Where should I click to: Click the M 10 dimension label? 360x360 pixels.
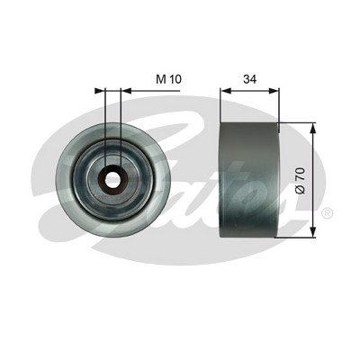169,79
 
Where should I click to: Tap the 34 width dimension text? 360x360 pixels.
249,79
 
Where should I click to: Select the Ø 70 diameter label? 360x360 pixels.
300,181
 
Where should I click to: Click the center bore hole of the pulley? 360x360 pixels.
112,180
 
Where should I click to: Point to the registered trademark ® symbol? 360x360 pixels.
327,212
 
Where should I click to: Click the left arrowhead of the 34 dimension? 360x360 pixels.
225,91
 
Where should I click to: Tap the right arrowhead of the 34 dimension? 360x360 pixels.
274,91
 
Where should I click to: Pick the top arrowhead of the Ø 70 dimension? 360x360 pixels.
312,128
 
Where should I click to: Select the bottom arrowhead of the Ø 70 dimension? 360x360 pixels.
312,232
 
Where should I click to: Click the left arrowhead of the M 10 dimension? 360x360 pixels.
99,91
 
